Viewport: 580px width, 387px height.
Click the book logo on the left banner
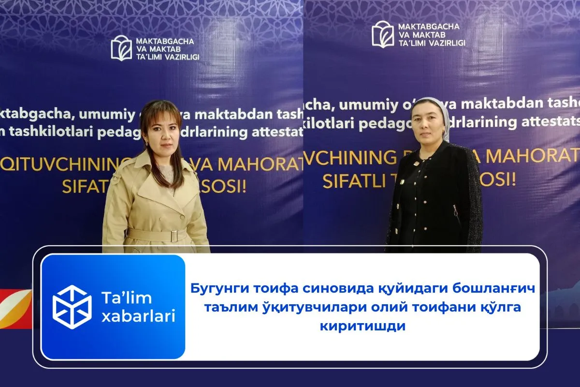pos(121,48)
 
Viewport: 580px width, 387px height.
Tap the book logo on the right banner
pos(383,34)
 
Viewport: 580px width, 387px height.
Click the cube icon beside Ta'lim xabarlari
pos(72,307)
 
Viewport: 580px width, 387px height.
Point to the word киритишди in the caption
pos(362,326)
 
